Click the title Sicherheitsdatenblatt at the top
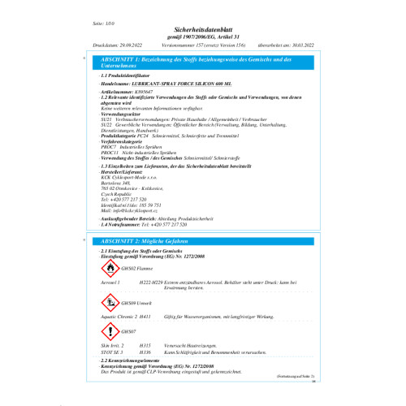pos(202,28)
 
